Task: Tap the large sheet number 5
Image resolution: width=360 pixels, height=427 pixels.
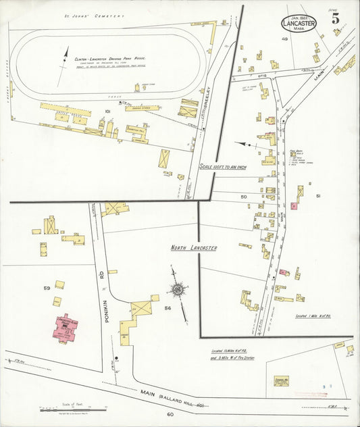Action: (x=336, y=18)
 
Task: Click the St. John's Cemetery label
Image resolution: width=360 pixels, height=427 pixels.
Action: (x=94, y=15)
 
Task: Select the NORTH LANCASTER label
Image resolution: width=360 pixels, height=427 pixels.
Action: (x=194, y=249)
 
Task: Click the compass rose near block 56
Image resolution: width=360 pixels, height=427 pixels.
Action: (x=178, y=289)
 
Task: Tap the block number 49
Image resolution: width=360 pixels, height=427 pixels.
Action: (x=284, y=39)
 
